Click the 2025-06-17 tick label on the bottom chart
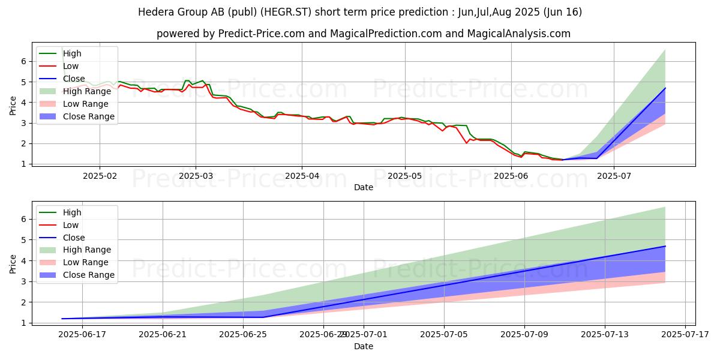pyautogui.click(x=82, y=334)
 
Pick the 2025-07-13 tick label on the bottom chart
pyautogui.click(x=605, y=334)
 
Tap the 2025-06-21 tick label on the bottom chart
pyautogui.click(x=163, y=334)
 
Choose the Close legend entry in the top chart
pyautogui.click(x=74, y=79)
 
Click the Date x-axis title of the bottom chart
pyautogui.click(x=364, y=346)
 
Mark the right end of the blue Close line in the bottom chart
pyautogui.click(x=665, y=246)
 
